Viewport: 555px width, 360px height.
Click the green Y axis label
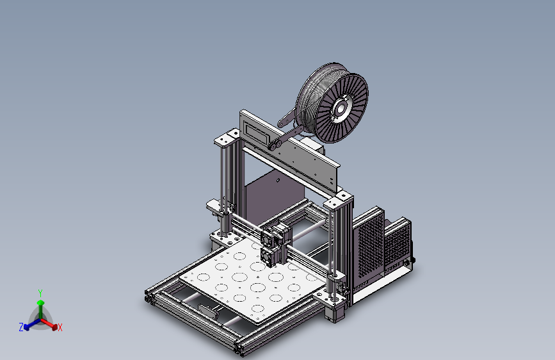point(40,292)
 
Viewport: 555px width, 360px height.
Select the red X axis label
point(60,327)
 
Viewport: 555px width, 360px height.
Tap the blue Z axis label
point(21,327)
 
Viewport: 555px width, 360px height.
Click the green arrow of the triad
point(40,304)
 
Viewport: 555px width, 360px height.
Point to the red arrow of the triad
point(51,324)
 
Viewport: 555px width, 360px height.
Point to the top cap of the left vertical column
point(226,138)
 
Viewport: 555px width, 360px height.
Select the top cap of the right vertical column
point(338,202)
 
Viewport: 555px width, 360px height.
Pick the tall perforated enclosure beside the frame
point(368,246)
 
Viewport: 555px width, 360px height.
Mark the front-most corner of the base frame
point(241,350)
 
